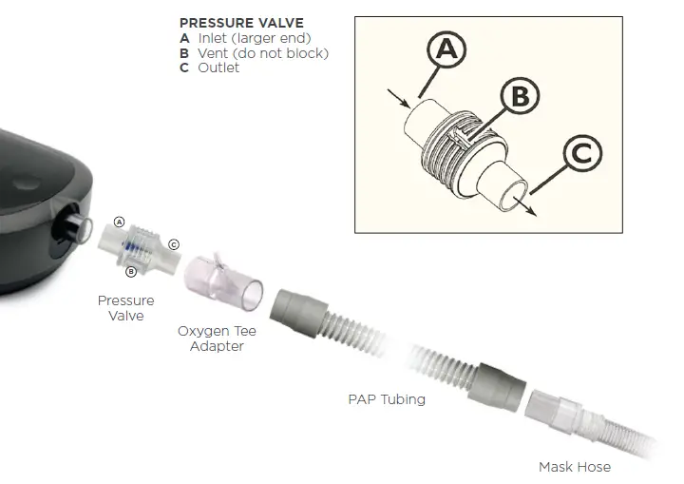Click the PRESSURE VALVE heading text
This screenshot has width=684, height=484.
(241, 22)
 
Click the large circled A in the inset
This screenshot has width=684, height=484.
(446, 50)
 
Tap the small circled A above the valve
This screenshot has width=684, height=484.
(120, 222)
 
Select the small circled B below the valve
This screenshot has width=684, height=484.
(132, 272)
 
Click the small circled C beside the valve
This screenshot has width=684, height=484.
(174, 244)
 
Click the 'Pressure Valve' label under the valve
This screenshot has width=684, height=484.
(125, 308)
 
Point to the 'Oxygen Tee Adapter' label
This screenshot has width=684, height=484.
(217, 339)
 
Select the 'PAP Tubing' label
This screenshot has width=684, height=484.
(387, 399)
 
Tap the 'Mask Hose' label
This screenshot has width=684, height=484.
(575, 467)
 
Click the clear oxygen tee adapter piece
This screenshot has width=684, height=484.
(228, 281)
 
